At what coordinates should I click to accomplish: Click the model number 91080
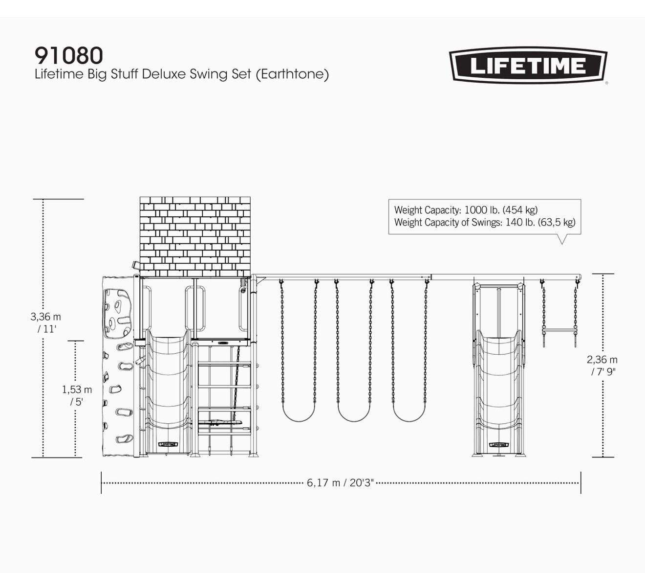tap(69, 55)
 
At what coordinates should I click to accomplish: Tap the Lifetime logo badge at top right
tap(528, 66)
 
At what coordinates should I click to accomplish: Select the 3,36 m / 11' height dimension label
tap(46, 322)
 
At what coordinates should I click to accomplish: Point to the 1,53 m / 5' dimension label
tap(77, 395)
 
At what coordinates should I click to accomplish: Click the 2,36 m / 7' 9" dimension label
tap(602, 366)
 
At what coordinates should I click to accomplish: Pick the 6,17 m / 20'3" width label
tap(340, 483)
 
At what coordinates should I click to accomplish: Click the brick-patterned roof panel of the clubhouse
tap(195, 237)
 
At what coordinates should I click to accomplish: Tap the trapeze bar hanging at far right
tap(559, 330)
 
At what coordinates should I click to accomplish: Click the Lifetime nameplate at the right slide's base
tap(499, 444)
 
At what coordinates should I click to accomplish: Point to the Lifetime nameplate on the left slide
tap(169, 444)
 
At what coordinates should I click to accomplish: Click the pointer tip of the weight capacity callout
tap(562, 244)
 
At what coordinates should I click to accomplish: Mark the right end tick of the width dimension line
tap(580, 483)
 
